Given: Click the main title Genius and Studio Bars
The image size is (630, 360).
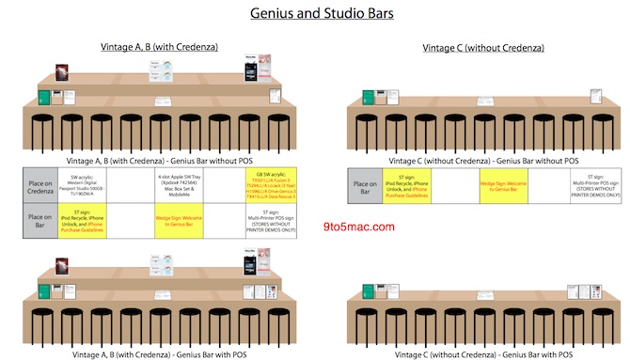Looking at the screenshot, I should [314, 14].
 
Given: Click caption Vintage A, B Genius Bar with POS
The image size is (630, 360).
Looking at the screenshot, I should [155, 354].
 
